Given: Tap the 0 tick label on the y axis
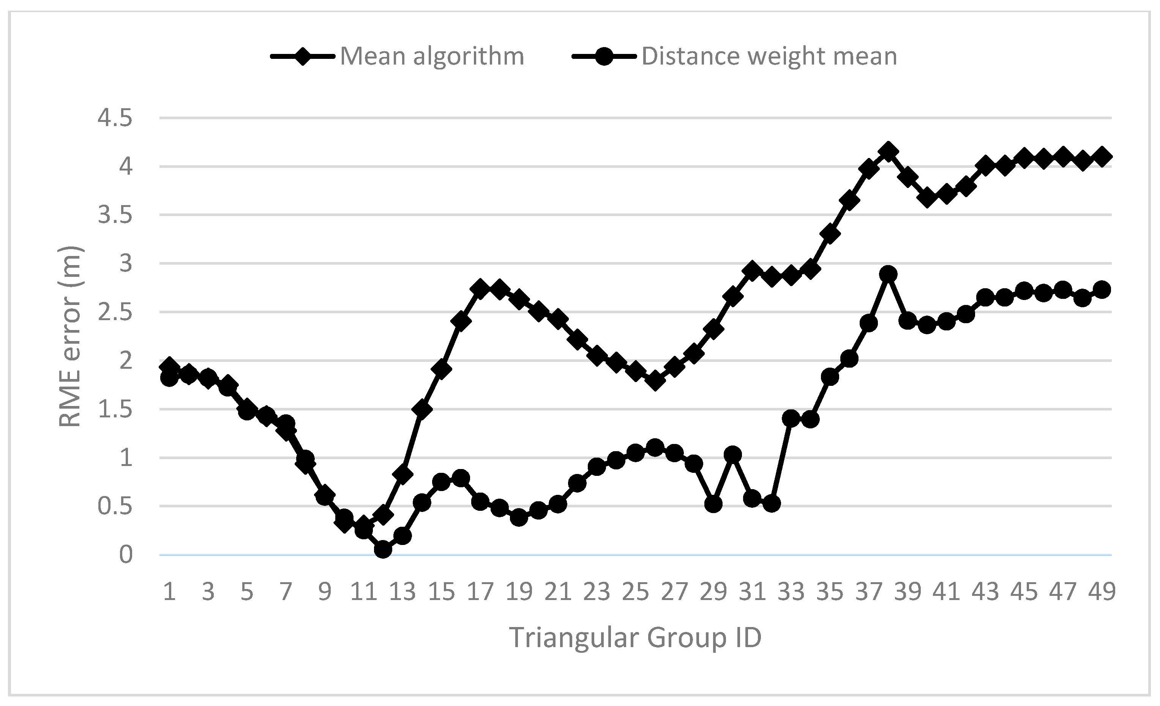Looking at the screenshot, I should click(126, 555).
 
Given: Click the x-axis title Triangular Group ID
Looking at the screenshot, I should click(635, 638).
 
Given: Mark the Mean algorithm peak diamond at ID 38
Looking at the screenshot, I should click(888, 152).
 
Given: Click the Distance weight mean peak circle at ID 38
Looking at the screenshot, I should click(888, 274).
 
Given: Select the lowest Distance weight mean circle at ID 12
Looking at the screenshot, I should click(383, 549).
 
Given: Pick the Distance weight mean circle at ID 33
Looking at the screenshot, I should click(791, 418).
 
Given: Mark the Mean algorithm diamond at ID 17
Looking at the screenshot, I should click(480, 288).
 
